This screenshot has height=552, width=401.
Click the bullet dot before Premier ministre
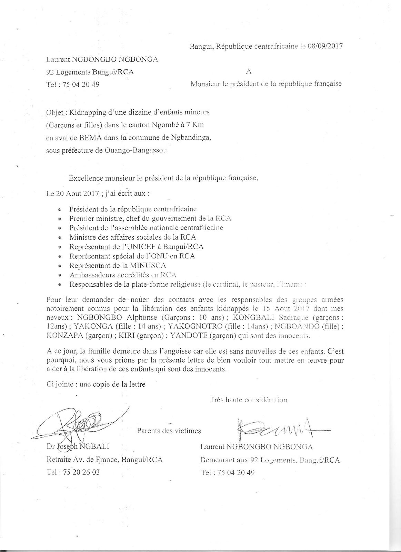tap(60, 219)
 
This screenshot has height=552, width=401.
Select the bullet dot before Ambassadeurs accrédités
tap(60, 275)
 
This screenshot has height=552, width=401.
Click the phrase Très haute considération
tap(249, 400)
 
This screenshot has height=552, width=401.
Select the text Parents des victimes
tap(169, 431)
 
